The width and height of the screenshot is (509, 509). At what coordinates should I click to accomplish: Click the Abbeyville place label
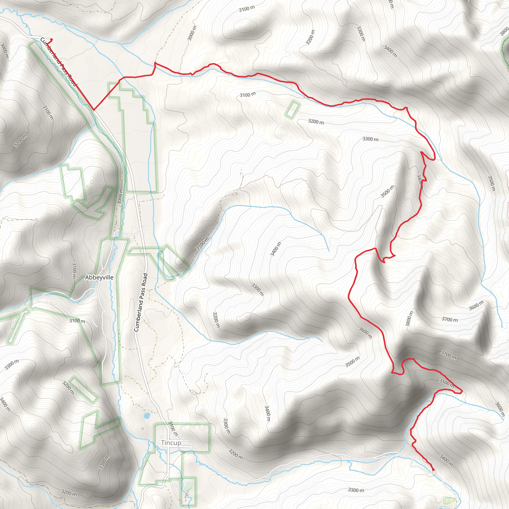click(x=99, y=277)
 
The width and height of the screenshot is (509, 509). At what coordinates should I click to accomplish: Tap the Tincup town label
click(x=171, y=443)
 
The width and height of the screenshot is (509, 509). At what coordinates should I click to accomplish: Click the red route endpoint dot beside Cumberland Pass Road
click(x=51, y=40)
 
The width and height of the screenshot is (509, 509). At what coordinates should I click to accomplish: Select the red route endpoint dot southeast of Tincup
click(x=433, y=469)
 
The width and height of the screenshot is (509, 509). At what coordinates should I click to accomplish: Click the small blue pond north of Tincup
click(x=146, y=416)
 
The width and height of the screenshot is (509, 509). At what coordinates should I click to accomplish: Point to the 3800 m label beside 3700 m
click(x=409, y=319)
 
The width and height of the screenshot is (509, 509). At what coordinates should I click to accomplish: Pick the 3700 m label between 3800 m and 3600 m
click(x=449, y=319)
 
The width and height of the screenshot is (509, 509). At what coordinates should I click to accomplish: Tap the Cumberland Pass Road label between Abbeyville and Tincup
click(x=141, y=302)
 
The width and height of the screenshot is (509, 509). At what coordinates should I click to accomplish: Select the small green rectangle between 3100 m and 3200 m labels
click(x=293, y=110)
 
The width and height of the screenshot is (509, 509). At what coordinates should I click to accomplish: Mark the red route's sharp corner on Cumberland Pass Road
click(x=93, y=110)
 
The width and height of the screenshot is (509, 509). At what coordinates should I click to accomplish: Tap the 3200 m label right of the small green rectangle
click(x=316, y=122)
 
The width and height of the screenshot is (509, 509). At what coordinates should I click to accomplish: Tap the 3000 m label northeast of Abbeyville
click(x=120, y=196)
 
